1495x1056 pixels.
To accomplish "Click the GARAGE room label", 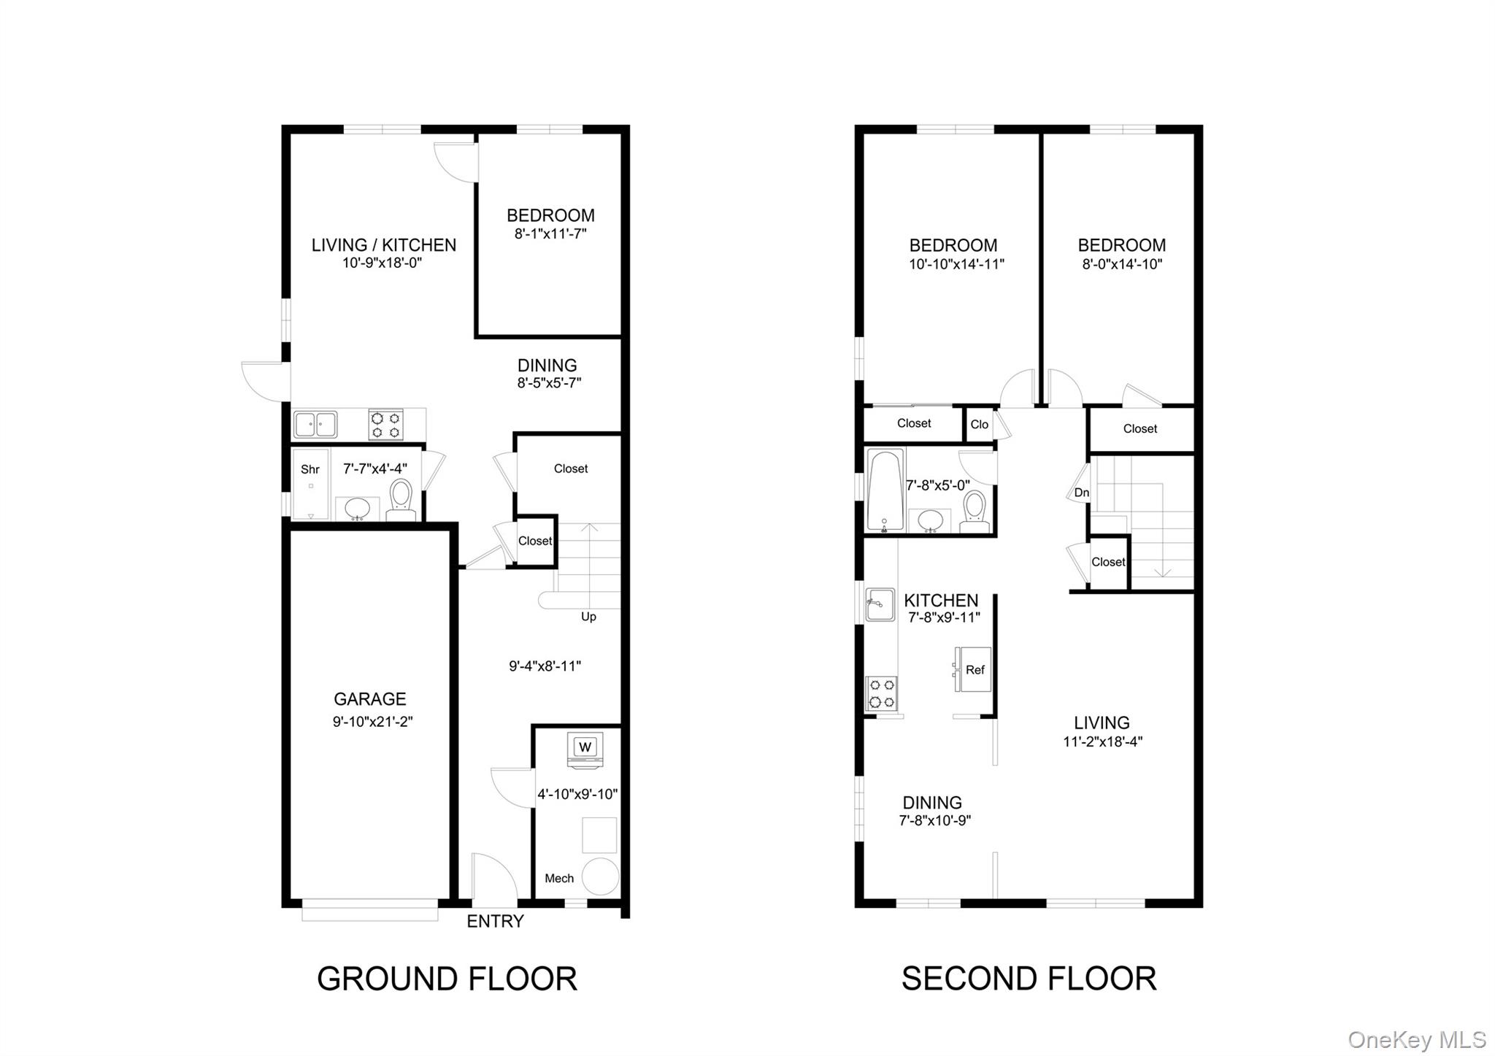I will (x=369, y=699).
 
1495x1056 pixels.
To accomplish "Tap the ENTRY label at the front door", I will (x=495, y=922).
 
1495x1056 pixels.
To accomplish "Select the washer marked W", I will (x=585, y=748).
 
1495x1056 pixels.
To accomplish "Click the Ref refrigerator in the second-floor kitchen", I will (x=975, y=670).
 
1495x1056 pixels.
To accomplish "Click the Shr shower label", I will (x=310, y=470).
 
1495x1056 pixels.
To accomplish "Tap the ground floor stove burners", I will (x=385, y=425).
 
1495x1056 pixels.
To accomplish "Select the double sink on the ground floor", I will (x=315, y=424).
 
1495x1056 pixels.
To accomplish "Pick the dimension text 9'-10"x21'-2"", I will (x=372, y=722).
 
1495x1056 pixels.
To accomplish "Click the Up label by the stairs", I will (x=588, y=617).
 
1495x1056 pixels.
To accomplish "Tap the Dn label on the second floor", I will (x=1081, y=493).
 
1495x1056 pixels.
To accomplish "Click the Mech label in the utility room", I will (x=559, y=879).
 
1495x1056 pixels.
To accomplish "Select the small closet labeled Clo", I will (x=979, y=425).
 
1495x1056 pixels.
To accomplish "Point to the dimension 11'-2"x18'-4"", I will (x=1102, y=742).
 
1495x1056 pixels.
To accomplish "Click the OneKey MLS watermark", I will (x=1416, y=1039).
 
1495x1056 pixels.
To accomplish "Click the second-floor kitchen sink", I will (x=880, y=604).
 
